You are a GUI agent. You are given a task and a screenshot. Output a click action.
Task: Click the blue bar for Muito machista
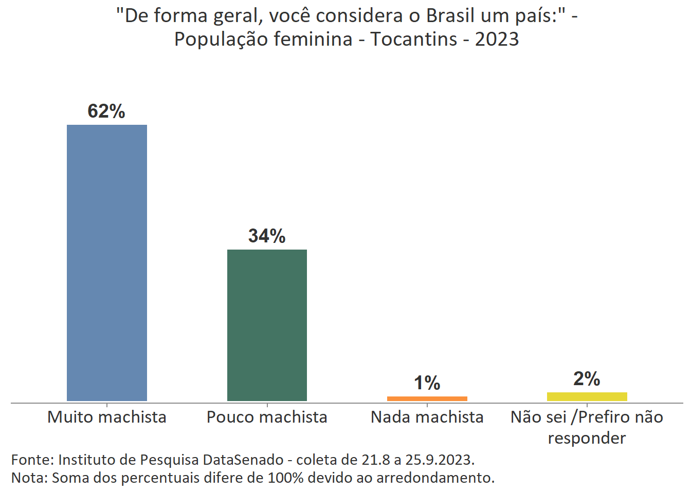[x=107, y=262]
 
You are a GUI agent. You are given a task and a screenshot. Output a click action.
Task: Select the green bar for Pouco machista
[x=267, y=325]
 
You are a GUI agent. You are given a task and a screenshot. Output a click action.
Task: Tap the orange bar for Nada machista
[x=427, y=399]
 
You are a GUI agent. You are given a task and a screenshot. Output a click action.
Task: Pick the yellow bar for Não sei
[x=587, y=396]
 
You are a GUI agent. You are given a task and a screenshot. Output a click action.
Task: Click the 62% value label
[x=106, y=111]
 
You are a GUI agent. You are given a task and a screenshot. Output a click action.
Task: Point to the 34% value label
[x=267, y=236]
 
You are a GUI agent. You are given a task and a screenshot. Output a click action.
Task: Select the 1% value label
[x=427, y=383]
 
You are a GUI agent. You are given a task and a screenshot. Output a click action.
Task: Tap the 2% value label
[x=587, y=379]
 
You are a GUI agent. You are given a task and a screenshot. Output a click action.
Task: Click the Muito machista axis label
[x=107, y=417]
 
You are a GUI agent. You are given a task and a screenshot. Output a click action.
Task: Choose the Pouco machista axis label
[x=267, y=417]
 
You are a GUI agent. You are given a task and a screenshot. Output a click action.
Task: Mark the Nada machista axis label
[x=427, y=417]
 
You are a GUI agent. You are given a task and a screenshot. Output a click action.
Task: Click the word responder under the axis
[x=587, y=438]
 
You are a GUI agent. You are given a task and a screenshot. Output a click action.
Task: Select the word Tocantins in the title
[x=414, y=39]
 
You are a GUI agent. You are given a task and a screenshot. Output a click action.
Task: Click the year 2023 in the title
[x=497, y=39]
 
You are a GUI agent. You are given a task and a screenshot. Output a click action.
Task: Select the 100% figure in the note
[x=289, y=478]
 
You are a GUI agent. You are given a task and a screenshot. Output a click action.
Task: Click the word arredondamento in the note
[x=435, y=478]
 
